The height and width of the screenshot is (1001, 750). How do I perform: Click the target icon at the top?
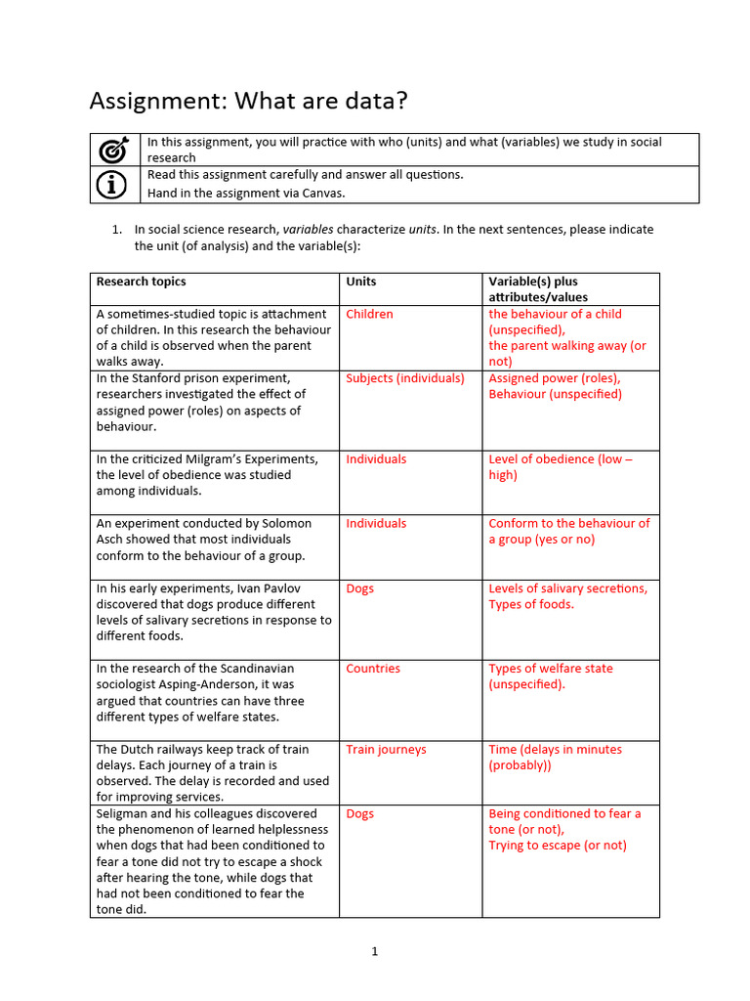pyautogui.click(x=114, y=150)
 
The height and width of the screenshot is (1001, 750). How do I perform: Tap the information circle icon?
pyautogui.click(x=114, y=184)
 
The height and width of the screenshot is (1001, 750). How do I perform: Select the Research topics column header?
pyautogui.click(x=141, y=282)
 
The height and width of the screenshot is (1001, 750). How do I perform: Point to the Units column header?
pyautogui.click(x=360, y=282)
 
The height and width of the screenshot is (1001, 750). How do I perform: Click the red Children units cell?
pyautogui.click(x=369, y=314)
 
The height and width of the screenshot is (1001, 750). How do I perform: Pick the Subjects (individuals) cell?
pyautogui.click(x=405, y=378)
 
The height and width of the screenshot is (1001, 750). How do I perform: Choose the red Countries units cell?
pyautogui.click(x=373, y=669)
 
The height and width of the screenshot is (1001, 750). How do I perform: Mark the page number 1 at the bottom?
pyautogui.click(x=374, y=952)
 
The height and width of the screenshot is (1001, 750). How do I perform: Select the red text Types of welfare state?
pyautogui.click(x=551, y=669)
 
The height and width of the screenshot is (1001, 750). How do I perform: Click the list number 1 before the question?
pyautogui.click(x=115, y=230)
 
